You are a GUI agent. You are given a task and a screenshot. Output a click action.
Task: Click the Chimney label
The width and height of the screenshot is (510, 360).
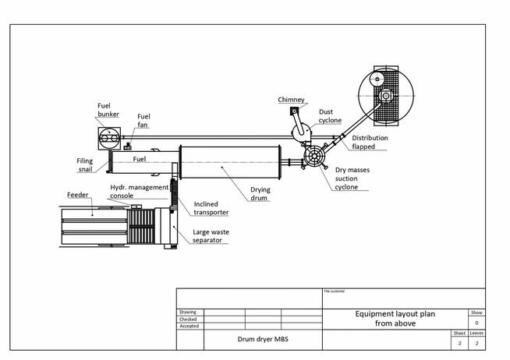pos(291,100)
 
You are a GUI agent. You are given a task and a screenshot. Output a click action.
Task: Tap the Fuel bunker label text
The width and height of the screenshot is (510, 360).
pos(108,110)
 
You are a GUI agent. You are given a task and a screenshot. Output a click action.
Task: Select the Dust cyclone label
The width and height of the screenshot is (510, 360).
pos(330,116)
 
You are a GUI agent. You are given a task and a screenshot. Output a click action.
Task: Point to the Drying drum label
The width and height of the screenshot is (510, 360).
pos(260,194)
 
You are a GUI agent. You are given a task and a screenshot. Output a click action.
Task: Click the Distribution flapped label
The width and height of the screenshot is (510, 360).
pos(370,143)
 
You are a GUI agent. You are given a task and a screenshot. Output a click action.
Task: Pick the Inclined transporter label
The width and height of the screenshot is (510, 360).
pos(211,208)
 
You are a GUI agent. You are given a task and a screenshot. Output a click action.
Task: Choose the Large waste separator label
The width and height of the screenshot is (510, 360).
pos(211,236)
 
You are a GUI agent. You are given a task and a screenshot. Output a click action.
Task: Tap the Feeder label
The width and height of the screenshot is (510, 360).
pos(78,195)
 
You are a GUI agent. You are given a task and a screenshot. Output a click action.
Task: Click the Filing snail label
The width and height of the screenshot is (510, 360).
pos(84,165)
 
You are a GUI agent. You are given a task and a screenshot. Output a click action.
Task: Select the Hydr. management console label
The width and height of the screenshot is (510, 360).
pos(140,192)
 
